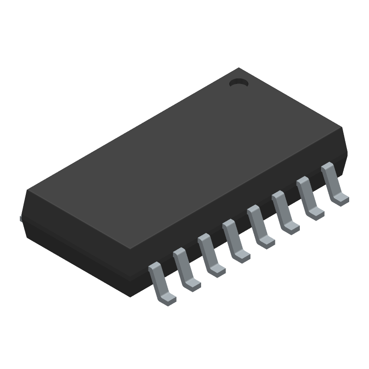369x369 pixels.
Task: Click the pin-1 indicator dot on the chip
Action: tap(238, 83)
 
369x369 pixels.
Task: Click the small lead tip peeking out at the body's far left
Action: tap(21, 219)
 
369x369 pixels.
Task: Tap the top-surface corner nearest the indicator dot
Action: tap(239, 69)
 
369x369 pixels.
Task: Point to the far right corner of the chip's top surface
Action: tap(344, 129)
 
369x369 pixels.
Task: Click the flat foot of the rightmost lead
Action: tap(341, 199)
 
